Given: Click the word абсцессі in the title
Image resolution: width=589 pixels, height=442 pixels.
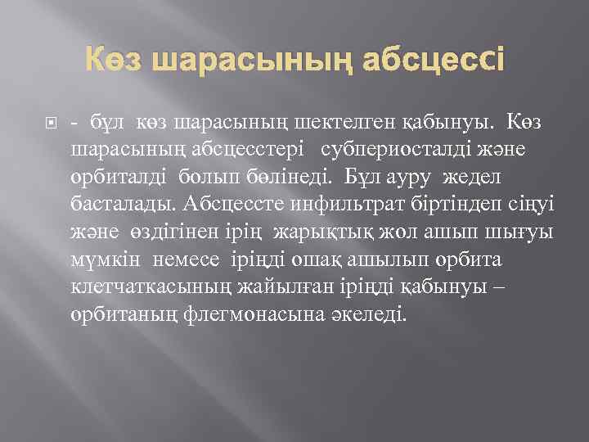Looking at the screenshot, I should coord(418,60).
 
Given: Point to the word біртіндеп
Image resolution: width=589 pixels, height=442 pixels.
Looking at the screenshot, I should coord(429,202).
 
